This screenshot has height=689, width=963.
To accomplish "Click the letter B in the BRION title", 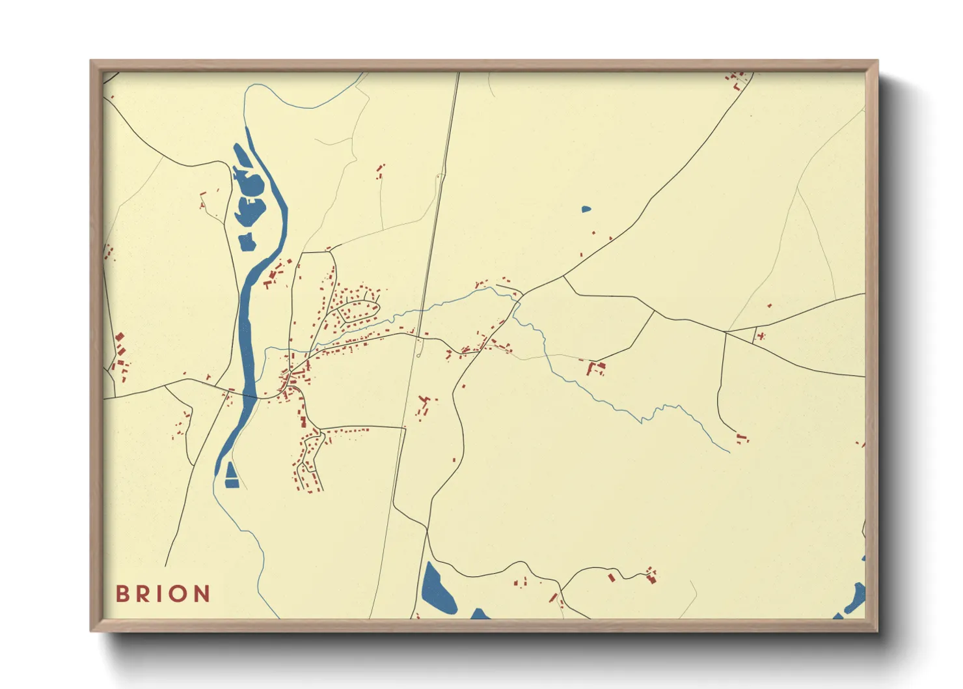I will point(122,594).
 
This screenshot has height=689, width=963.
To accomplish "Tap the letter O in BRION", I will point(180,594).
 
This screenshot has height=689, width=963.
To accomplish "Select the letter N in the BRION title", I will point(202,594).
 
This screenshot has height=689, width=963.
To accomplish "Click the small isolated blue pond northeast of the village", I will point(586,210).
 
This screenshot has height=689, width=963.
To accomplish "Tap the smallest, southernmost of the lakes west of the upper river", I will point(247,242).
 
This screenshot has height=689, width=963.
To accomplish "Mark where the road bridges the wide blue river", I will point(249,395).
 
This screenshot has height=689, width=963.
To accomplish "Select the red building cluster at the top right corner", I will point(737,79).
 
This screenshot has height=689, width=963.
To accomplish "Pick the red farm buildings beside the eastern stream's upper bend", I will point(595,369).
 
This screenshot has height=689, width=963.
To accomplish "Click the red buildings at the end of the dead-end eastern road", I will point(742,438).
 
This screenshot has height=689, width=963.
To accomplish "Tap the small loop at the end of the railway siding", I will point(418,355).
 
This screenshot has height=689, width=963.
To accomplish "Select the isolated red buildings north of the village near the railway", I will point(380,171).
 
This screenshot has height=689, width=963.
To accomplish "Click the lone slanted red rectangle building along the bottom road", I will point(611,577).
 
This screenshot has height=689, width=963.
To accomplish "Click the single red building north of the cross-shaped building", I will point(769,305).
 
